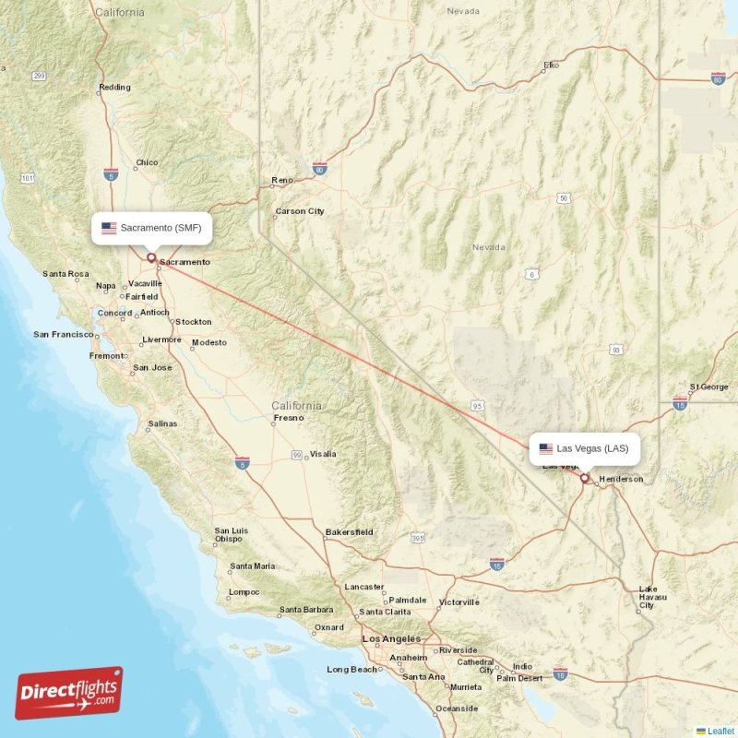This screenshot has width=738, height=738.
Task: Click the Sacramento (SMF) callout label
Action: click(x=152, y=227)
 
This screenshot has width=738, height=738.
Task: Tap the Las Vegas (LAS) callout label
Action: click(x=584, y=449)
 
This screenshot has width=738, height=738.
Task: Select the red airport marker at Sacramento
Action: click(x=151, y=258)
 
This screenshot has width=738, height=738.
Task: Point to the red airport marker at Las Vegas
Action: click(x=584, y=478)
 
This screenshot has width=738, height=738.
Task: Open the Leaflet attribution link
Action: click(x=720, y=731)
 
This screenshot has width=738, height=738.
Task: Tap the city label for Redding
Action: click(x=114, y=89)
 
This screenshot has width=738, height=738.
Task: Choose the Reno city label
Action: click(x=281, y=180)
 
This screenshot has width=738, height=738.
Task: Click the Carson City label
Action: click(x=300, y=211)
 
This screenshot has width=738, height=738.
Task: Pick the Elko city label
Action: click(x=552, y=65)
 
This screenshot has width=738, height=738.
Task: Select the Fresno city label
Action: click(x=288, y=418)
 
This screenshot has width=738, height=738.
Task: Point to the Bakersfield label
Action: click(x=349, y=532)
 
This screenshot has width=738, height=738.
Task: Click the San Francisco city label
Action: click(x=64, y=334)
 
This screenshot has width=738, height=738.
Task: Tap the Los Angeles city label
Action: click(x=391, y=638)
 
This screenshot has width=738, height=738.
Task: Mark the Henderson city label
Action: click(x=621, y=480)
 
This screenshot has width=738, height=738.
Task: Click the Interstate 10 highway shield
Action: click(x=560, y=675)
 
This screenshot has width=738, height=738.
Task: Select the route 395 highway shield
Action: click(x=418, y=537)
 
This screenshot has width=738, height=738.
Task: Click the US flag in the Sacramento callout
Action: click(x=109, y=227)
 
